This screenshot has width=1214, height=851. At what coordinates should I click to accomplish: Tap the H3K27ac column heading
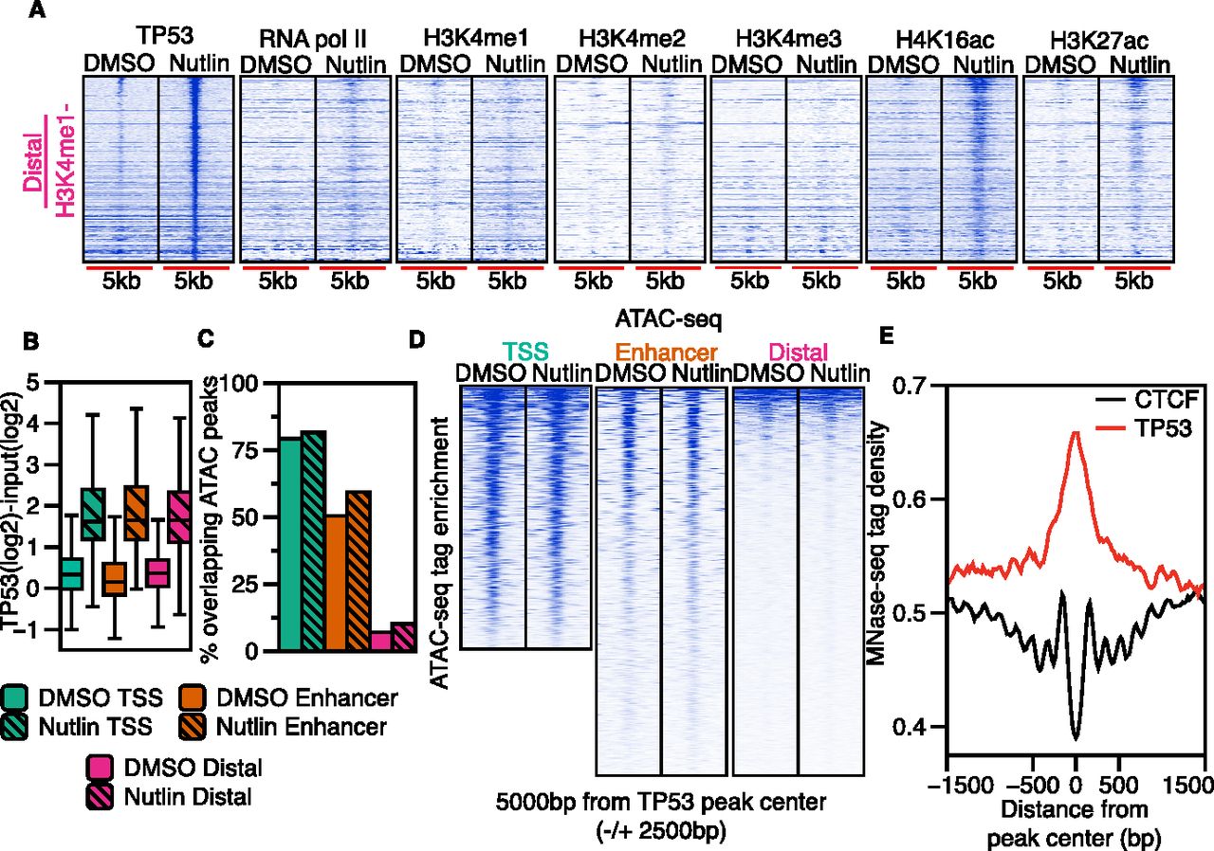[x=1098, y=40]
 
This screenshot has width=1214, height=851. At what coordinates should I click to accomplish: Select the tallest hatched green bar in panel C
[x=314, y=541]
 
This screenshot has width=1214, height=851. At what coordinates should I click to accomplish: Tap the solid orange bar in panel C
[x=335, y=583]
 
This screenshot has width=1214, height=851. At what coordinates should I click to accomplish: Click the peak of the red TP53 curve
[x=1076, y=432]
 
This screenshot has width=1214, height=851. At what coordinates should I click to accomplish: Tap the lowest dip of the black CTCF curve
[x=1076, y=739]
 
